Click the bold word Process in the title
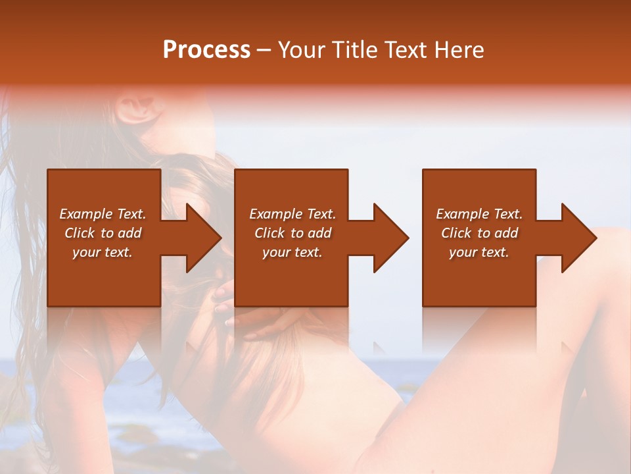[206, 49]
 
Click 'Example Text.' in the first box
[103, 214]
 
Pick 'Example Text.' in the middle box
[292, 214]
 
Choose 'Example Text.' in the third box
[479, 214]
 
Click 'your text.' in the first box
[103, 252]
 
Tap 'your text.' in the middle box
[292, 252]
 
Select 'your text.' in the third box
[479, 252]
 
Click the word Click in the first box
[80, 233]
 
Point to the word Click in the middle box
[269, 233]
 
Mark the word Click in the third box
[456, 233]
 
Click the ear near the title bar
[138, 109]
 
